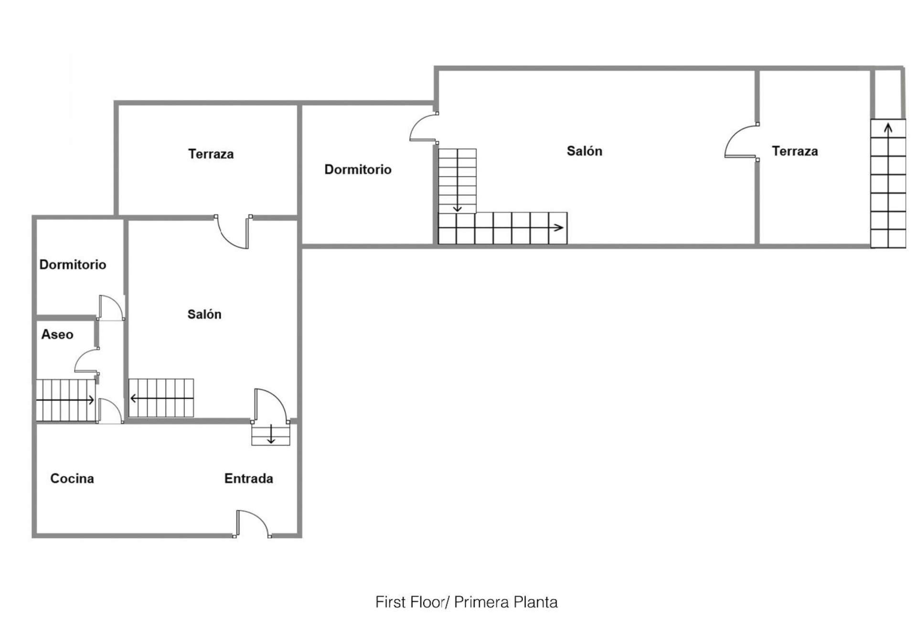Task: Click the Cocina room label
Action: click(x=72, y=478)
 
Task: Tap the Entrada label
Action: click(x=249, y=478)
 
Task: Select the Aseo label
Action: click(x=57, y=334)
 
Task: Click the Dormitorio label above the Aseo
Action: click(x=73, y=265)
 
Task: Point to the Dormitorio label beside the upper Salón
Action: click(x=358, y=170)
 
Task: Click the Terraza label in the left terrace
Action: click(x=211, y=154)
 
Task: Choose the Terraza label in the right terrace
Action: click(x=795, y=151)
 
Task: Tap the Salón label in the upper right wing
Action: click(x=585, y=151)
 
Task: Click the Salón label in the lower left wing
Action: click(x=204, y=314)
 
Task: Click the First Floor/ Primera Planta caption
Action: click(x=467, y=602)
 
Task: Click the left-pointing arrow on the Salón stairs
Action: click(x=161, y=398)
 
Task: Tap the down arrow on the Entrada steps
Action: click(x=271, y=434)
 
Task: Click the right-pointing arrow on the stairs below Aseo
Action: click(x=65, y=400)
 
